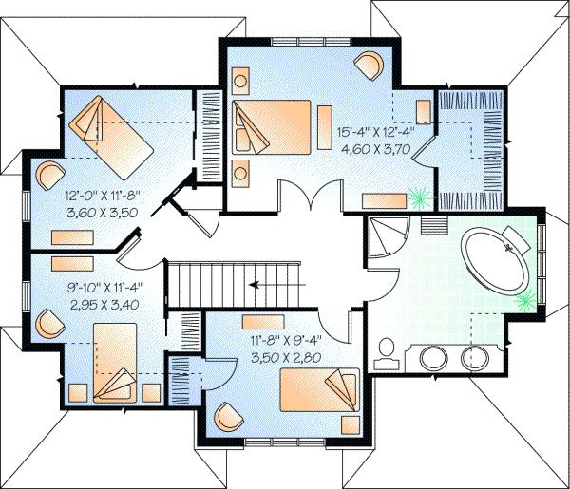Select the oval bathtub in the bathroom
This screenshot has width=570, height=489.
[x=498, y=259]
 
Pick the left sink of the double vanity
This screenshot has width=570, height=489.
[x=434, y=359]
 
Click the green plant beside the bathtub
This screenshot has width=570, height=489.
[x=523, y=302]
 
